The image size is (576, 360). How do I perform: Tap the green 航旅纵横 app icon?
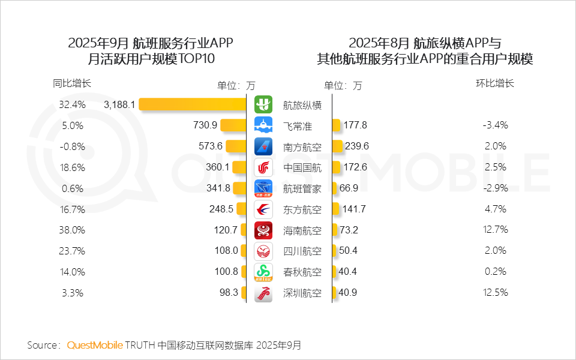pyautogui.click(x=263, y=104)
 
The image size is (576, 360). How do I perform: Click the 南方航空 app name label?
pyautogui.click(x=302, y=146)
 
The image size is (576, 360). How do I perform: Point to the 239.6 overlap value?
pyautogui.click(x=356, y=146)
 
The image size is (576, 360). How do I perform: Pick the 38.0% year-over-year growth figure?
pyautogui.click(x=73, y=230)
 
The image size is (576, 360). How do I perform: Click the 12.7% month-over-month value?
pyautogui.click(x=495, y=230)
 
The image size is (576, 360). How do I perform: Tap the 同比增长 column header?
pyautogui.click(x=72, y=83)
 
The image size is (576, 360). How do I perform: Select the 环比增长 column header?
pyautogui.click(x=495, y=83)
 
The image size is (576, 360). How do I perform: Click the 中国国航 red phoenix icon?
pyautogui.click(x=263, y=167)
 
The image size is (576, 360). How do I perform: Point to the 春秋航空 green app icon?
pyautogui.click(x=263, y=272)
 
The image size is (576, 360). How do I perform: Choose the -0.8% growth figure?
pyautogui.click(x=73, y=146)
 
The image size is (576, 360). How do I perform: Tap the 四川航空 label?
pyautogui.click(x=302, y=251)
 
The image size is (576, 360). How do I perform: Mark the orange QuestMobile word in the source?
pyautogui.click(x=95, y=345)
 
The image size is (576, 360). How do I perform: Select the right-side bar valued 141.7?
pyautogui.click(x=337, y=209)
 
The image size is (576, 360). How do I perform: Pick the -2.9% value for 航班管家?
pyautogui.click(x=495, y=188)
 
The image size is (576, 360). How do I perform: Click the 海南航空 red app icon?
pyautogui.click(x=263, y=230)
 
